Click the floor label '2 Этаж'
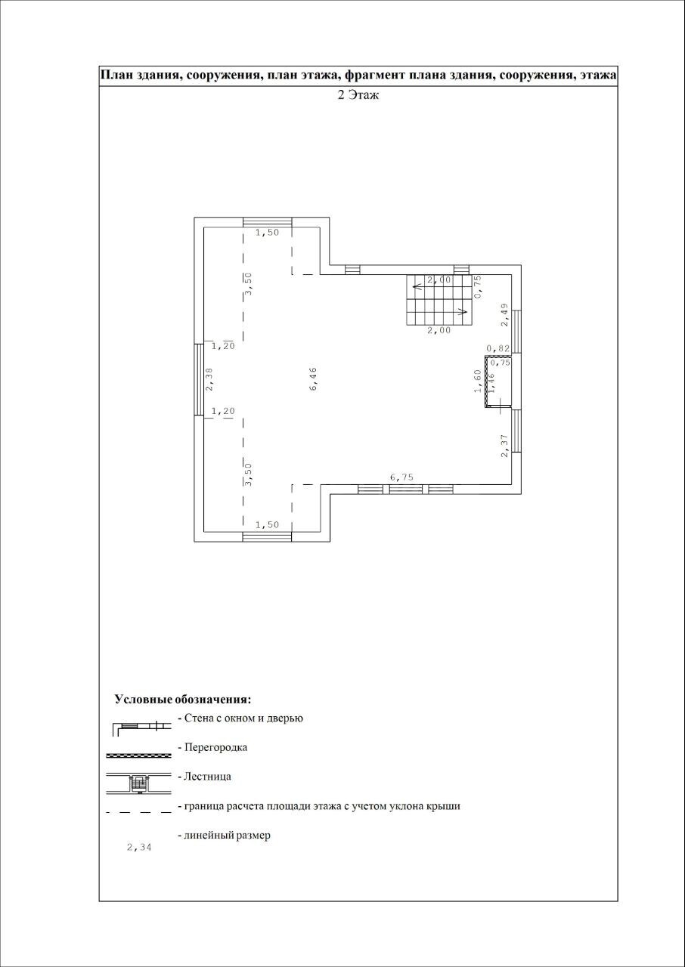(x=358, y=95)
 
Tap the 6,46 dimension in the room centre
(x=313, y=379)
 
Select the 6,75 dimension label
(x=401, y=477)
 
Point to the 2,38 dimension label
(x=209, y=379)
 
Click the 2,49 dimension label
(x=504, y=315)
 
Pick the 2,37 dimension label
(x=504, y=446)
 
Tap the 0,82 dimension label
(x=498, y=348)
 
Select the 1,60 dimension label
(x=477, y=382)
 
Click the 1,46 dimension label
(x=491, y=384)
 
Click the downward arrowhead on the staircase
(x=461, y=311)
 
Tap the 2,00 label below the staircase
(x=439, y=330)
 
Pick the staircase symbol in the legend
(x=138, y=784)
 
